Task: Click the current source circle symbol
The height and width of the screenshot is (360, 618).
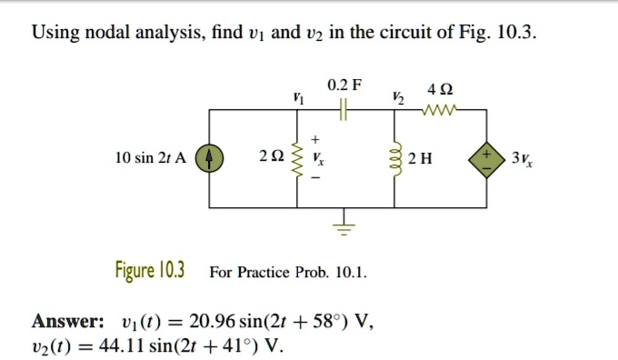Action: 210,157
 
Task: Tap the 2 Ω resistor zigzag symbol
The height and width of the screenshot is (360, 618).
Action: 294,156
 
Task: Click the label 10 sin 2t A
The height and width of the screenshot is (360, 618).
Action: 151,158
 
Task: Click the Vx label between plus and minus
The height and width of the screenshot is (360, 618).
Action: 316,157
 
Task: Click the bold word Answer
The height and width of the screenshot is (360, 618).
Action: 68,322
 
